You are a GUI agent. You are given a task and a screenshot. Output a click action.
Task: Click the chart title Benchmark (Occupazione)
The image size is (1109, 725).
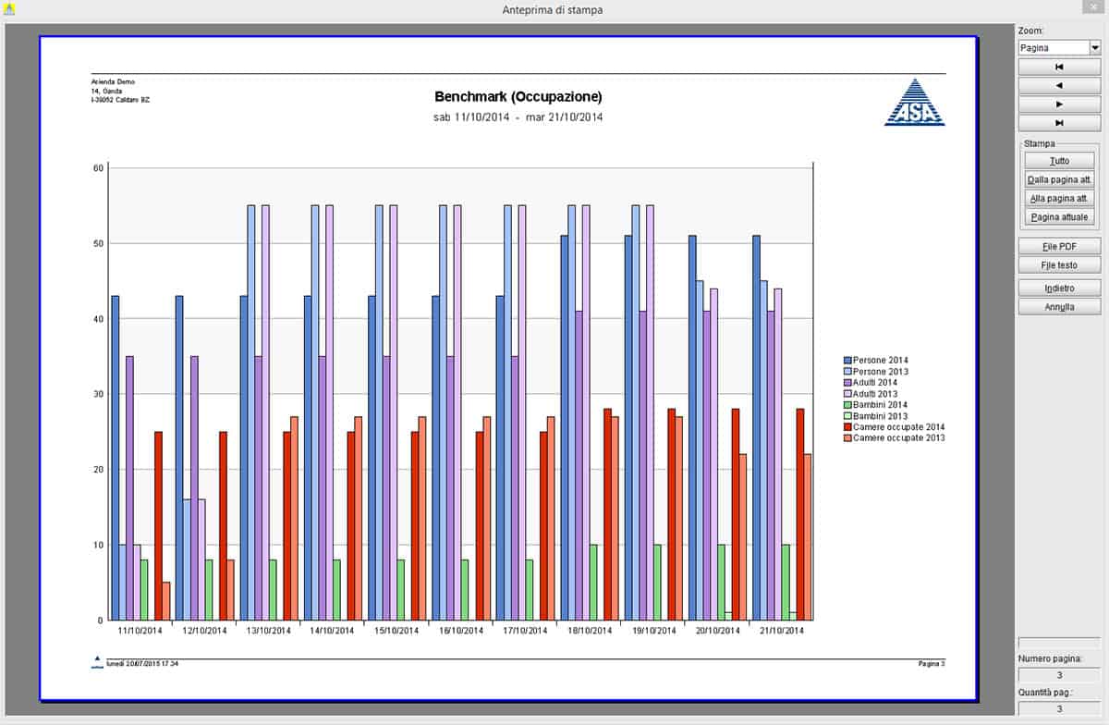point(518,96)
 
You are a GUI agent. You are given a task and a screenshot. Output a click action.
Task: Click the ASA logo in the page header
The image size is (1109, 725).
point(915,102)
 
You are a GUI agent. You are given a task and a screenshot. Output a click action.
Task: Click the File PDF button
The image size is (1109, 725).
point(1059,246)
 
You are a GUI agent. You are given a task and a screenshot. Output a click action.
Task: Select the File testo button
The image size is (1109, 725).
point(1059,265)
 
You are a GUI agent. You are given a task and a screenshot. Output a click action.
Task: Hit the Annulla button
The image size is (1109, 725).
point(1059,307)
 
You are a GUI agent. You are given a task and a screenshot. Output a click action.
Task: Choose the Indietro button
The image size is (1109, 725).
point(1059,289)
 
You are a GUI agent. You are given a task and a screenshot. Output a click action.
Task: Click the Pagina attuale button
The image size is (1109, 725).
point(1059,217)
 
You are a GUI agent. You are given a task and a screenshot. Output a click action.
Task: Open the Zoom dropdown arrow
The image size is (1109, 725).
point(1095,47)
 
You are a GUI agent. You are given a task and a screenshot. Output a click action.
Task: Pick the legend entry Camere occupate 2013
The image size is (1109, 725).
point(898,438)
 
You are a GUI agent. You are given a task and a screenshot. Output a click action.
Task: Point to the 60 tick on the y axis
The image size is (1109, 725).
point(98,167)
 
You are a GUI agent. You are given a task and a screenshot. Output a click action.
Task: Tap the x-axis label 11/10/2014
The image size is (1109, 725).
point(140,631)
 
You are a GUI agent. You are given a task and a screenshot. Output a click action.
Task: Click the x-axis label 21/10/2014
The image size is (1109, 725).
point(782,631)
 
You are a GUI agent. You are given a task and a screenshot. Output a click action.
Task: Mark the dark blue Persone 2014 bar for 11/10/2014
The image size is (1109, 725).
point(116,458)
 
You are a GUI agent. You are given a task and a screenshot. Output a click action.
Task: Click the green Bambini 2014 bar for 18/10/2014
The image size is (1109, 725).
point(593,583)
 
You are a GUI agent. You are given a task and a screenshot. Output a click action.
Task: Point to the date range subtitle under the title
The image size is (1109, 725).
point(518,117)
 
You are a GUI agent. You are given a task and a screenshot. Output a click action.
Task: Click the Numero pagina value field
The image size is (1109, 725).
point(1059,675)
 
